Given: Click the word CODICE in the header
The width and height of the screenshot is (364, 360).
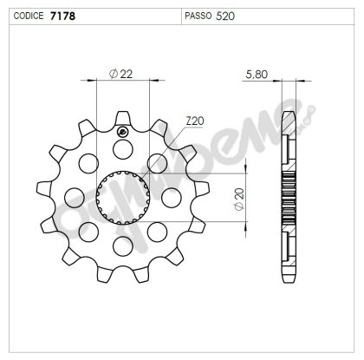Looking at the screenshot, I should click(x=25, y=16).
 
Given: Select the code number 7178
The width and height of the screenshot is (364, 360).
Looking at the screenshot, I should click(x=61, y=16).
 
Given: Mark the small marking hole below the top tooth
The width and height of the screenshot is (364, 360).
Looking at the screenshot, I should click(x=122, y=132).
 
